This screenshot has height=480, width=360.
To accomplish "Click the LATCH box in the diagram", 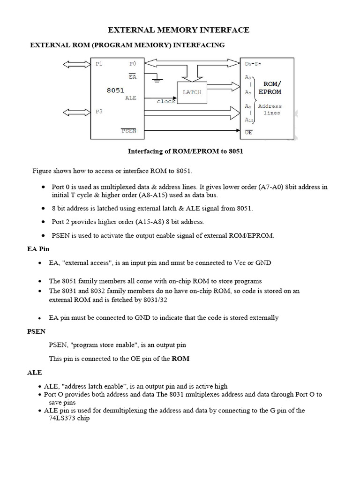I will coord(192,92).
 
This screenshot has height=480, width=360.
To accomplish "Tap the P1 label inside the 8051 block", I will coord(99,64).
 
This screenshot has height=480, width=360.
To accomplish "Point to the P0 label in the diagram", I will coord(132,64).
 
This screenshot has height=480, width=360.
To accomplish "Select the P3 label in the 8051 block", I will coord(99,112).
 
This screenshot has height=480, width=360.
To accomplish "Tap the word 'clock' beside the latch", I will coord(165,101).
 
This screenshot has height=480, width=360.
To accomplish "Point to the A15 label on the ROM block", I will coord(249,120).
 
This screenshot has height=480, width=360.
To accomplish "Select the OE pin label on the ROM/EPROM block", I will coord(248,133).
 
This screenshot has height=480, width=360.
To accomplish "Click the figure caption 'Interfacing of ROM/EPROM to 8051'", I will coord(186,151).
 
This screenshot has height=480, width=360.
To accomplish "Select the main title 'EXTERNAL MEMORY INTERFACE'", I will coord(179,30).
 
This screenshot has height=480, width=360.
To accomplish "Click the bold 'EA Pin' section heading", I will coord(38,249).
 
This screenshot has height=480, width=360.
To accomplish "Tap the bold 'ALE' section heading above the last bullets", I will coord(35,373).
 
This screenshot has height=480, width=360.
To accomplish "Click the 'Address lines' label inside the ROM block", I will coord(269,110).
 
